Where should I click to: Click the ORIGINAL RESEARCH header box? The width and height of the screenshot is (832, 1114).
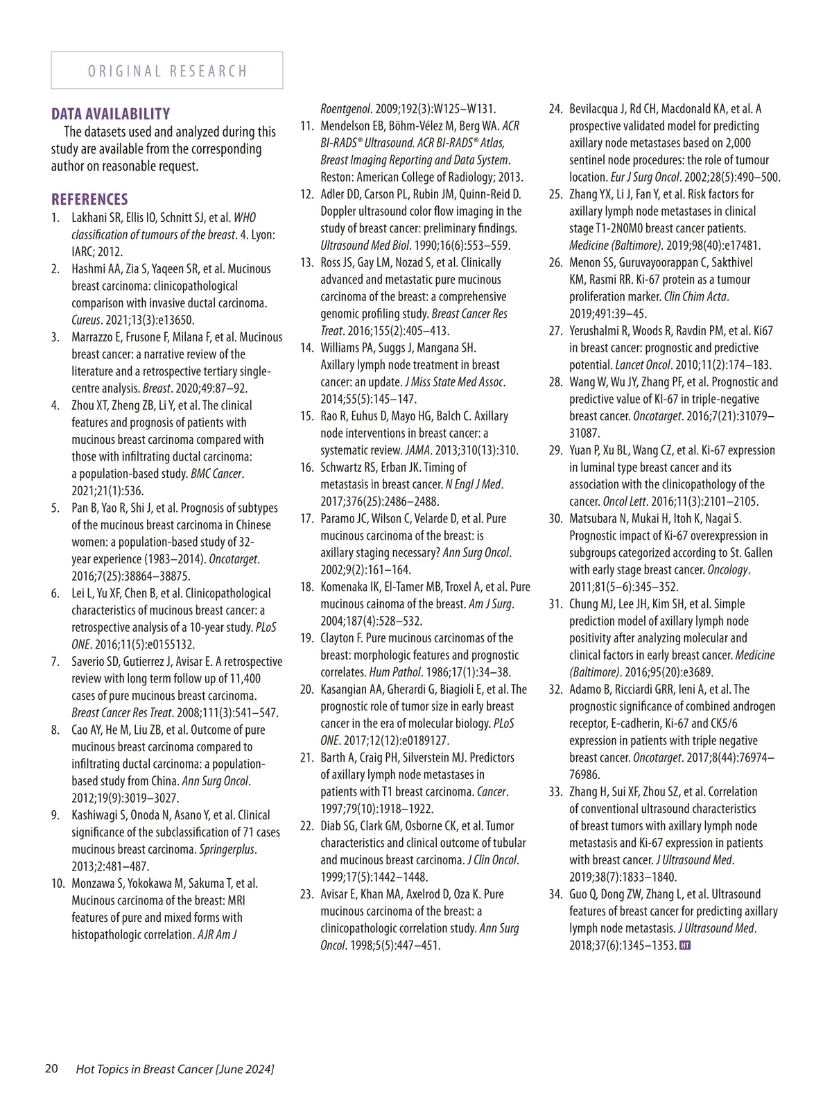pyautogui.click(x=167, y=71)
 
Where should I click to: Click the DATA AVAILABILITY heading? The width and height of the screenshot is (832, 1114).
pyautogui.click(x=110, y=114)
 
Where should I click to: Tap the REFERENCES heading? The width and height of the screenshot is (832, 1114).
pyautogui.click(x=89, y=200)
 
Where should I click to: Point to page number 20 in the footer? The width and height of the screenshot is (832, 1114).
pyautogui.click(x=51, y=1068)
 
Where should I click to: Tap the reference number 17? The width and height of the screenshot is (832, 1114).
pyautogui.click(x=306, y=518)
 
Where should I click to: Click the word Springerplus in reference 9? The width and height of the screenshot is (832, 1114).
pyautogui.click(x=227, y=849)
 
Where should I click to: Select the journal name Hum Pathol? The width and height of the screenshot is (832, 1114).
pyautogui.click(x=396, y=672)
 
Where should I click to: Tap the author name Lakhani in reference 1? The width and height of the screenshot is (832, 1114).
pyautogui.click(x=89, y=218)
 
